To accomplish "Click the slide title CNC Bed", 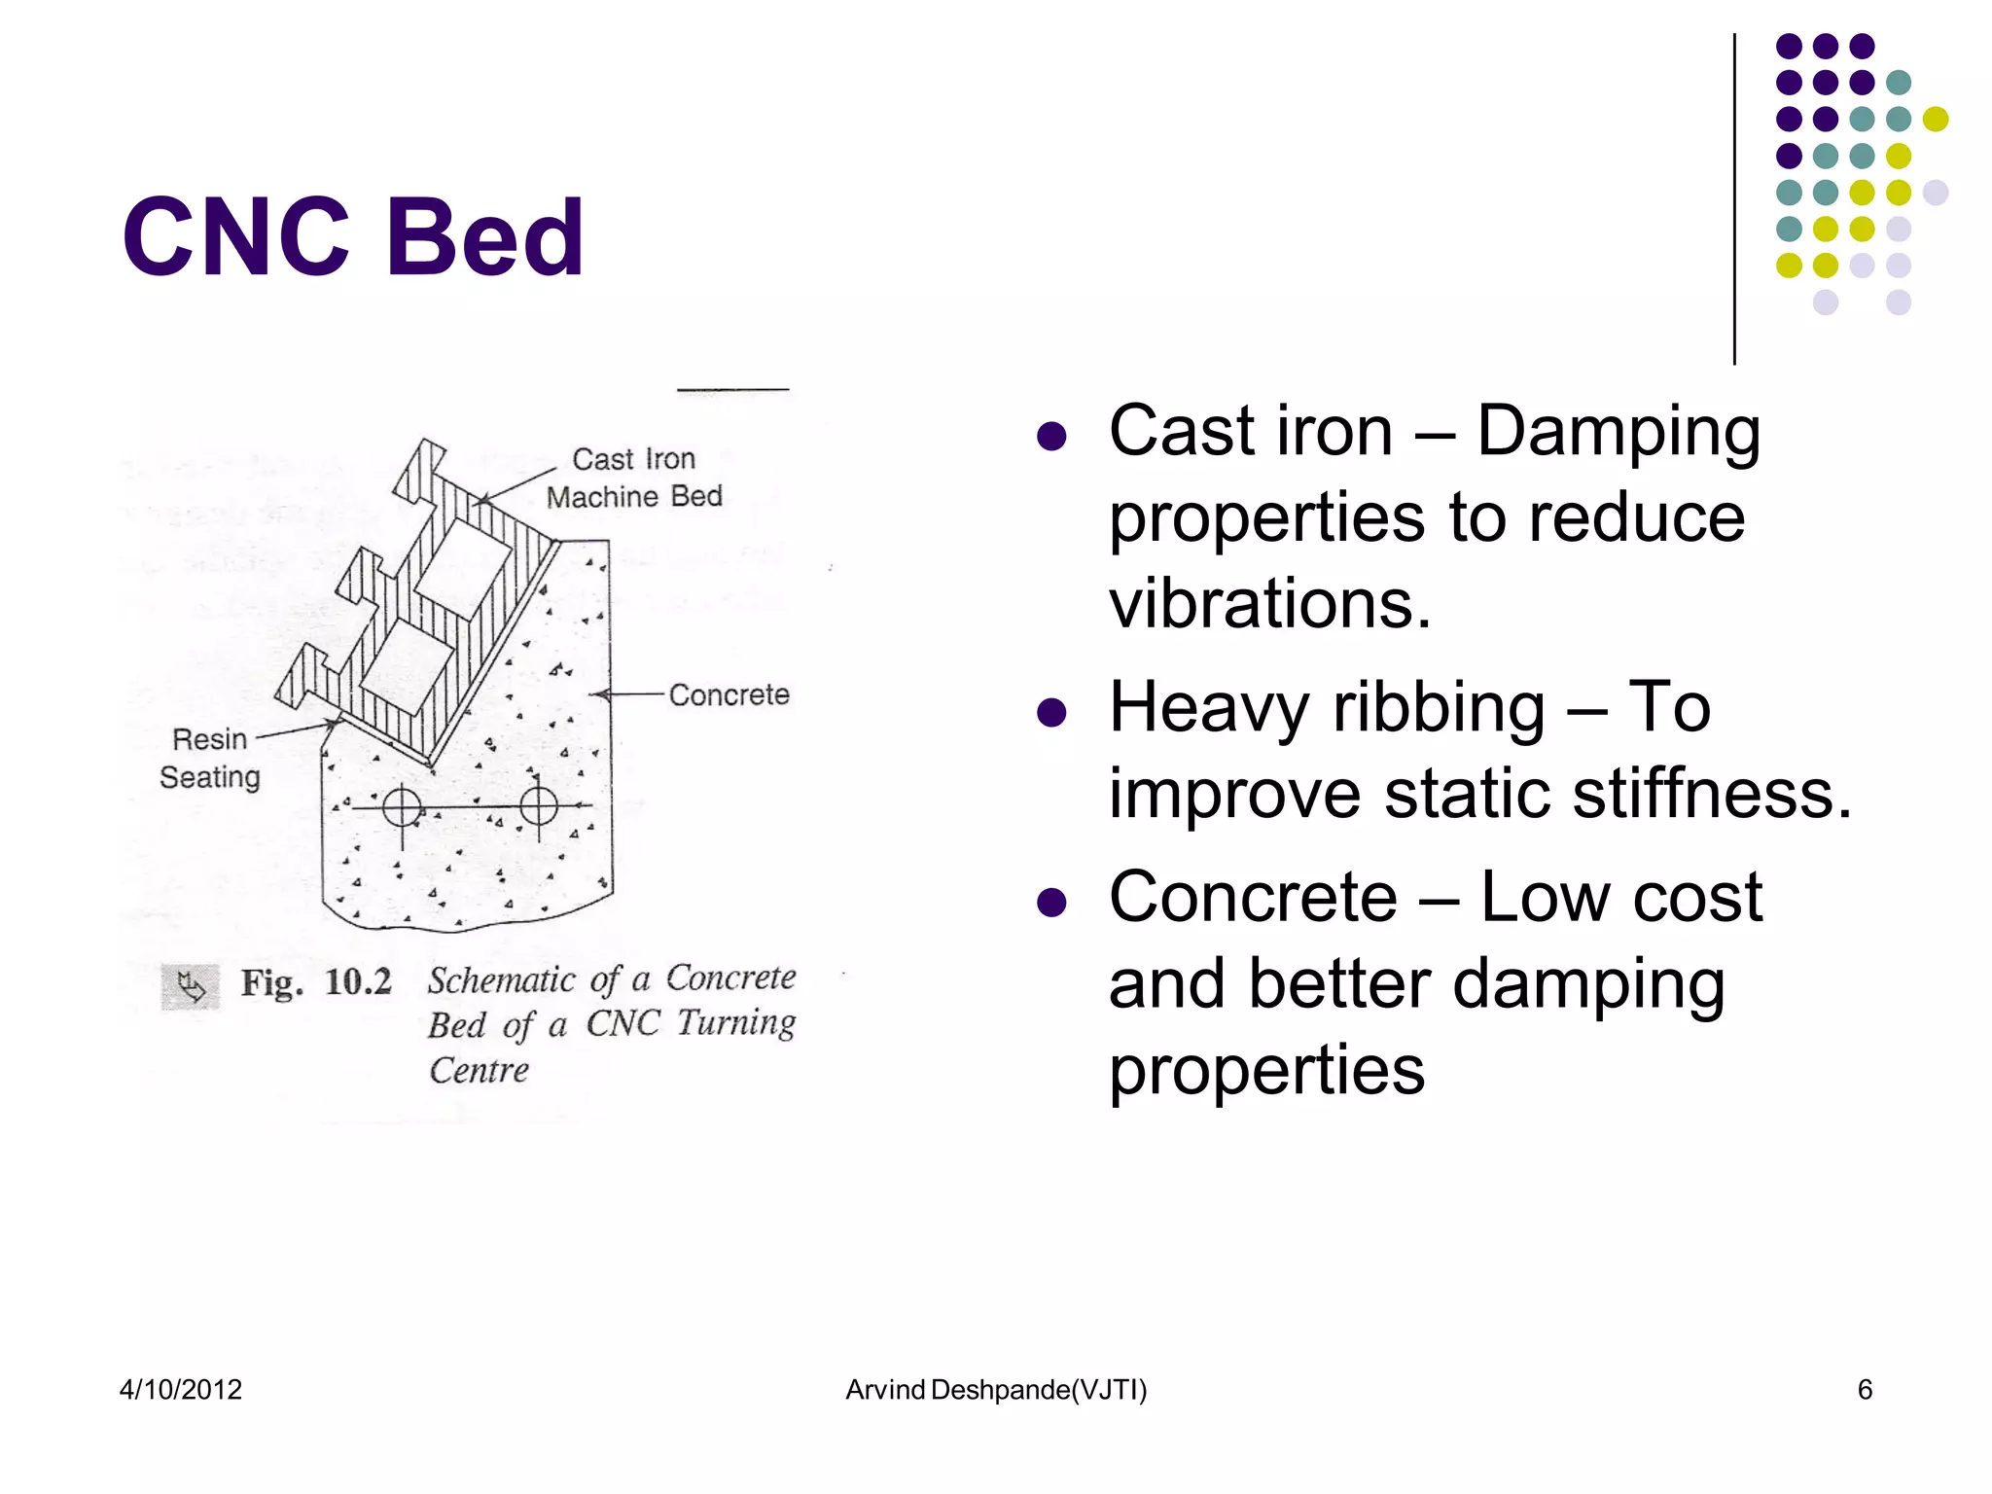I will [x=352, y=237].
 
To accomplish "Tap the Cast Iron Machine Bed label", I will [x=634, y=478].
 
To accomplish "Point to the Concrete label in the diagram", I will [x=729, y=694].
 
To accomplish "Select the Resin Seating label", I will [x=210, y=758].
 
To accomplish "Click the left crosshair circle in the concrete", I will [x=402, y=806].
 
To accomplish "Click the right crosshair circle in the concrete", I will [x=539, y=805].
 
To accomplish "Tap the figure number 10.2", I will [x=358, y=982].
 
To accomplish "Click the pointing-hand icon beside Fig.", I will [x=191, y=987].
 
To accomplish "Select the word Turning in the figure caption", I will [x=736, y=1023].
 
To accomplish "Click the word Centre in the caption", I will [x=480, y=1071].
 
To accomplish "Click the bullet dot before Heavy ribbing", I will [x=1051, y=712].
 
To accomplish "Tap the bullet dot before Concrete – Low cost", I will [x=1051, y=902].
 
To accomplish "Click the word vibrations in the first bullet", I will [x=1270, y=604].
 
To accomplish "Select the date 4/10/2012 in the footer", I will [x=181, y=1389].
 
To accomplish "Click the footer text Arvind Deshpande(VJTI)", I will [x=996, y=1390].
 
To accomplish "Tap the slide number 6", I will [x=1865, y=1389].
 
